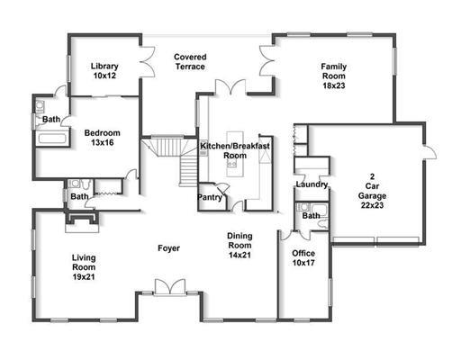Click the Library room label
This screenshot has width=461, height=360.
point(104,66)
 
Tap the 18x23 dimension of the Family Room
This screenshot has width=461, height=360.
point(334,85)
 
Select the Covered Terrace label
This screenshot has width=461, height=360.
point(190,61)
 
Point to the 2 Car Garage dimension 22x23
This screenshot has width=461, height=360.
point(372,205)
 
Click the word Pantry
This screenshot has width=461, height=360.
point(210,197)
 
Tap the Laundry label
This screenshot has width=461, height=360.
point(312,184)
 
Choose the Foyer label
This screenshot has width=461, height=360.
point(168,248)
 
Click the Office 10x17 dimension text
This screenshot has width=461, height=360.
point(303,263)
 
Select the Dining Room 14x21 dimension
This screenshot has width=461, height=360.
point(240,255)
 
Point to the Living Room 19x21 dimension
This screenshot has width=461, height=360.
point(84,276)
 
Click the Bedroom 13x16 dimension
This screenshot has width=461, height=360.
point(103,142)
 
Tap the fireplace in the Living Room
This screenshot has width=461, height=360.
point(82,221)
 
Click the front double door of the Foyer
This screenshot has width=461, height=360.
point(170,287)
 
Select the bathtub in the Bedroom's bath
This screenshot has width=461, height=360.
point(52,139)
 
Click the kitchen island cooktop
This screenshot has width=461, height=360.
point(231,164)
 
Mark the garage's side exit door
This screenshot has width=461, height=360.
point(429,152)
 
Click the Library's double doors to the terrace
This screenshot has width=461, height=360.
point(148,62)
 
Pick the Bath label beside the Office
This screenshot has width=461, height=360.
point(311,216)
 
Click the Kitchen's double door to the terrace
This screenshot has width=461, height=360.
point(230,87)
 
